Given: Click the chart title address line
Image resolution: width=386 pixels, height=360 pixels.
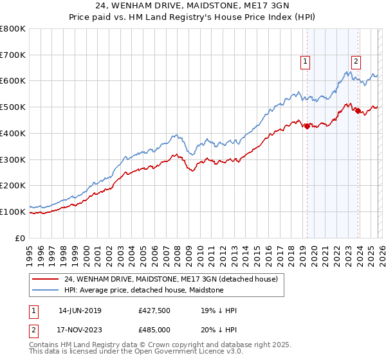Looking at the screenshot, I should [x=192, y=6].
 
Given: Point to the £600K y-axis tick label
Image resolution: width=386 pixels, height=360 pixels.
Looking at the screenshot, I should [x=13, y=81].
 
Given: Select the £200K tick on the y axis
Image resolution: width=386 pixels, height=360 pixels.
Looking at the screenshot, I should [x=13, y=185].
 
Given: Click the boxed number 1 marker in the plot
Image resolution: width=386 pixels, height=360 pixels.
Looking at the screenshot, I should [x=305, y=62].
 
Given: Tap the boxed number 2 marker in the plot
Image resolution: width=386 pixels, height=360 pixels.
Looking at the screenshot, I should [x=356, y=62].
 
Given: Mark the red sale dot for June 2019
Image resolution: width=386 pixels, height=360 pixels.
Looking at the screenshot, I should [x=307, y=126].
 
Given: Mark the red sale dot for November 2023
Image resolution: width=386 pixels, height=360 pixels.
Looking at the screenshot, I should [x=358, y=111].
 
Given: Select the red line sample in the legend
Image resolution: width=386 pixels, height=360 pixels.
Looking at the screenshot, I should [x=46, y=279].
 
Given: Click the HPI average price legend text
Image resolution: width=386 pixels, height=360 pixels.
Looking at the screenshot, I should [x=143, y=290].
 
